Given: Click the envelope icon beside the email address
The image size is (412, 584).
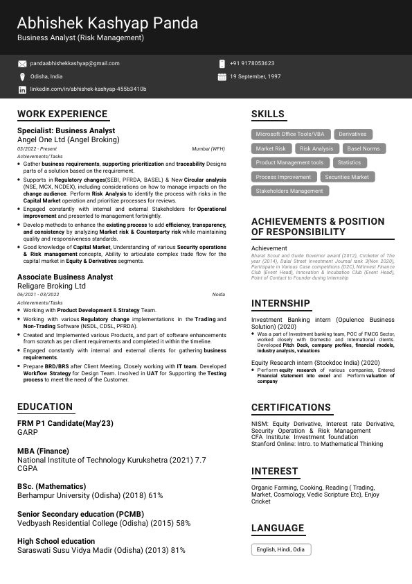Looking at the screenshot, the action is tap(22, 63).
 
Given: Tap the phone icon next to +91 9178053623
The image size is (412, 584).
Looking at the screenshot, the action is tap(222, 63).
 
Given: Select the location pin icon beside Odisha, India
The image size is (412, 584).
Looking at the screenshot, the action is tap(22, 76).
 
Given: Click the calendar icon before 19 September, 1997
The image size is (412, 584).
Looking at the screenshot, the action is tap(222, 76).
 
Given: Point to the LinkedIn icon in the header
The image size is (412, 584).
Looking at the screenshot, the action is tap(22, 89).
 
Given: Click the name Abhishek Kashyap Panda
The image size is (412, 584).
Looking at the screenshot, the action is tap(107, 24).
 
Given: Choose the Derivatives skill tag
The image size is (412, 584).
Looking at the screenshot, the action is tap(352, 134).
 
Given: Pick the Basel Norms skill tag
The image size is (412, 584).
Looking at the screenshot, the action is tap(363, 148).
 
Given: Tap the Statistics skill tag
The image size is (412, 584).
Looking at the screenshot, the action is tap(349, 162).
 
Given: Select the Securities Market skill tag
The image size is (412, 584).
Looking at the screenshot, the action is tap(347, 177).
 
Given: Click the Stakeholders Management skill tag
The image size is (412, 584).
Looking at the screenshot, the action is tap(289, 191).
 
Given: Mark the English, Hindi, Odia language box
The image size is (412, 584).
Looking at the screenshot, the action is tap(280, 549).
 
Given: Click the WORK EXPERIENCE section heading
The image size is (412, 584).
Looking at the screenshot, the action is tap(62, 114).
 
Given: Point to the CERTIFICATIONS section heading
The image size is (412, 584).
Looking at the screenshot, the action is tap(291, 407).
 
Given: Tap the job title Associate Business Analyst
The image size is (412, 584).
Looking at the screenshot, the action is tap(65, 277).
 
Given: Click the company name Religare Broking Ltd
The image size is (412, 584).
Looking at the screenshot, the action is tap(51, 286).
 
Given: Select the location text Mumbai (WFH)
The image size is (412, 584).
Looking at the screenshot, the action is tap(208, 149).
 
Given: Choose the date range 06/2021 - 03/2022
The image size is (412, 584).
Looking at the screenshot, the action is tap(38, 295).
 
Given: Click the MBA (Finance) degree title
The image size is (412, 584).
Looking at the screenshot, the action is tap(43, 451).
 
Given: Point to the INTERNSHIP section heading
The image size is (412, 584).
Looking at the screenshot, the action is tap(280, 303).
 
